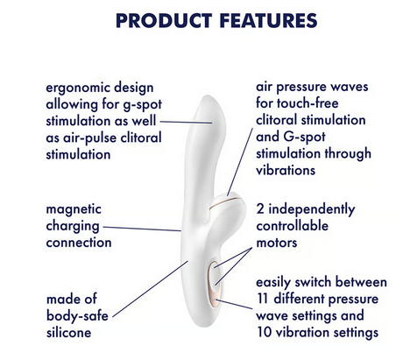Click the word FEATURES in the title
click(x=253, y=18)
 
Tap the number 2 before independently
click(x=260, y=209)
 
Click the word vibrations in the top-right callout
click(x=286, y=171)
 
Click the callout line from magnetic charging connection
click(x=147, y=229)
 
